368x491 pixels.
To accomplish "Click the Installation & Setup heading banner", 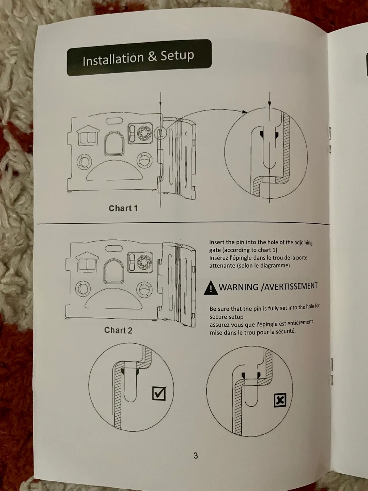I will coord(139,57).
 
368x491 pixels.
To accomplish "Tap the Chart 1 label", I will coord(123,208).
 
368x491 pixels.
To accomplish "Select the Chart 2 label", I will coord(118,330).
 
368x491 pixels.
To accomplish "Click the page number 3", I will coord(195,455).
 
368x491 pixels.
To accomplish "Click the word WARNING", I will coord(239,287).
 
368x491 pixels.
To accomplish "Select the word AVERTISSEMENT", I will coord(291,286).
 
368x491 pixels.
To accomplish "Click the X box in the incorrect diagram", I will coord(280,400).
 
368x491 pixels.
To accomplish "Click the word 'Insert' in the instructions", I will coord(217,242).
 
